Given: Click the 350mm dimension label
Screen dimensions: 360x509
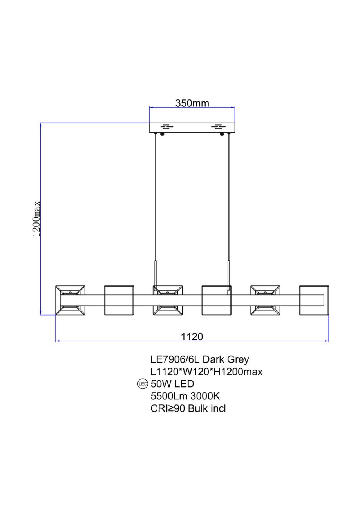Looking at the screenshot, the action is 192,103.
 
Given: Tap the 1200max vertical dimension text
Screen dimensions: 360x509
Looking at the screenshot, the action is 36,219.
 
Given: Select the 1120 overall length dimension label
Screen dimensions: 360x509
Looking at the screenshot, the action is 192,337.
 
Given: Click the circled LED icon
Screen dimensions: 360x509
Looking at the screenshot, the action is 143,384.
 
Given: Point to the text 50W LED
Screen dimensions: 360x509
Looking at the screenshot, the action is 172,384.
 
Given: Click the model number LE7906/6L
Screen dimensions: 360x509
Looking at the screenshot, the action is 175,359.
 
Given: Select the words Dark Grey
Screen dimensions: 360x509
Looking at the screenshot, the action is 226,359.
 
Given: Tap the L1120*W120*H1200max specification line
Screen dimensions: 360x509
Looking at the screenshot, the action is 206,372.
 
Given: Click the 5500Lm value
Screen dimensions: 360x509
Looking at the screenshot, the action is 169,396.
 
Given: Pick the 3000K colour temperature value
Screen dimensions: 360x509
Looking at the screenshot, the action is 205,396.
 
